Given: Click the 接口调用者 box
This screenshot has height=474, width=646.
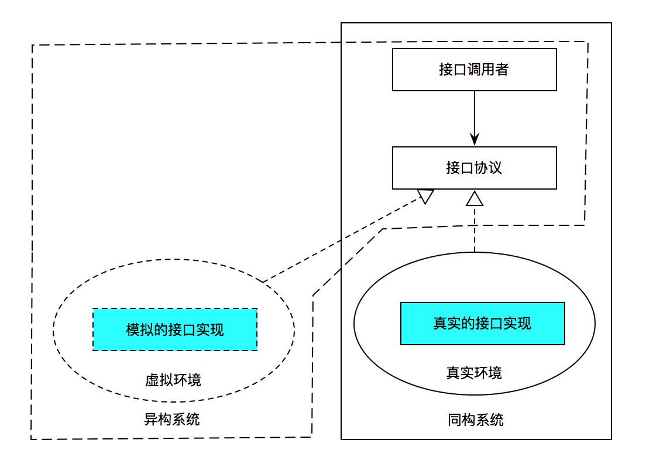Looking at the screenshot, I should pos(474,70).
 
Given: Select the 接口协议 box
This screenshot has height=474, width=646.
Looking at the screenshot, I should pos(474,168).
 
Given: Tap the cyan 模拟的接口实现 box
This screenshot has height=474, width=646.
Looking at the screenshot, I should pos(175,329).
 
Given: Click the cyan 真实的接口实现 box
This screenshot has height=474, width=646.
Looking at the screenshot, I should pos(482,324).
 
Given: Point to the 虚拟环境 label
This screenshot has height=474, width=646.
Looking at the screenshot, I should pos(173,380).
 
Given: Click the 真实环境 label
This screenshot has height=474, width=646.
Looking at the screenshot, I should pos(474,373).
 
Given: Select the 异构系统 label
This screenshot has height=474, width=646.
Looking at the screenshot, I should pos(172,420).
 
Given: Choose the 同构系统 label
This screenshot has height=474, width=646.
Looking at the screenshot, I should pos(476,420).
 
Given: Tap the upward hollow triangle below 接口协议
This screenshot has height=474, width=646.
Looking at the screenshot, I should pos(475,199).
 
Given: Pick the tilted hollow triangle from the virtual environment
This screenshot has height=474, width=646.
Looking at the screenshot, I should pos(425,196).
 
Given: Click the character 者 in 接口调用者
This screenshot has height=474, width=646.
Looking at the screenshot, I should pos(502,70).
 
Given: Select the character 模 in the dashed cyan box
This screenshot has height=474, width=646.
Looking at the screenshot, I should pos(133,329).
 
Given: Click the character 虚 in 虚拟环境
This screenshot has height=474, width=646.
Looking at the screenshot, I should pos(152,380).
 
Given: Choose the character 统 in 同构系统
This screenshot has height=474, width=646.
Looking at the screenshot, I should pos(497,420).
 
